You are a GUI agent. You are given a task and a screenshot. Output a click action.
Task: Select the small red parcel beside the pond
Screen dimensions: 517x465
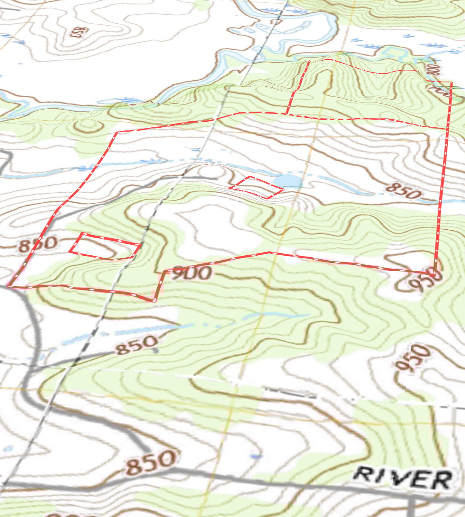click(257, 187)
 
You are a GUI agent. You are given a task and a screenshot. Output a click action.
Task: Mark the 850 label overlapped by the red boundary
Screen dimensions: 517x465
click(37, 244)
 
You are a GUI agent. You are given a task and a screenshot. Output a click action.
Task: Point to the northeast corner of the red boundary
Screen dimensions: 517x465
click(451, 82)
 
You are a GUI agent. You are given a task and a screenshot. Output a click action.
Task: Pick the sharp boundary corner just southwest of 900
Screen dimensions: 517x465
click(154, 301)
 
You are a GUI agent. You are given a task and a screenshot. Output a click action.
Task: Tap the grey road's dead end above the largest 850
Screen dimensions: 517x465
click(148, 450)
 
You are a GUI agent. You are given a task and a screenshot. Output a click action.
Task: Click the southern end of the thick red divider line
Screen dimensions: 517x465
click(287, 113)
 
